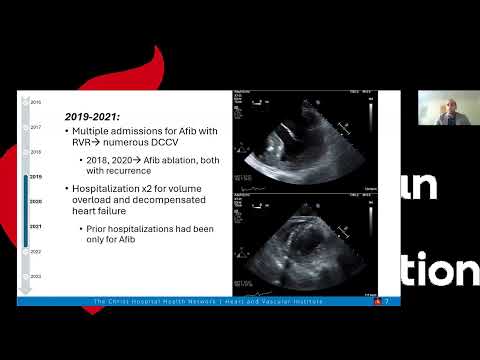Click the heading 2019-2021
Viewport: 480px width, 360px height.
pyautogui.click(x=90, y=117)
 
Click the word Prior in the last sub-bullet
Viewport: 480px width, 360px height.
pyautogui.click(x=97, y=229)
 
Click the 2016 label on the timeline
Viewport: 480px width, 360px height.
pyautogui.click(x=36, y=102)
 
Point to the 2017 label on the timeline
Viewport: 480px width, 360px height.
pyautogui.click(x=36, y=127)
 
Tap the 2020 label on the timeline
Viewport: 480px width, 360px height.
pyautogui.click(x=36, y=201)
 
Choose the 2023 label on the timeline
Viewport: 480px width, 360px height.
pyautogui.click(x=36, y=275)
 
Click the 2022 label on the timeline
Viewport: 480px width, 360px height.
pyautogui.click(x=36, y=251)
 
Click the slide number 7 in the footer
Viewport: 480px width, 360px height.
pyautogui.click(x=386, y=301)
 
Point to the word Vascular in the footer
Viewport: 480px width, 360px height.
pyautogui.click(x=269, y=301)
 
